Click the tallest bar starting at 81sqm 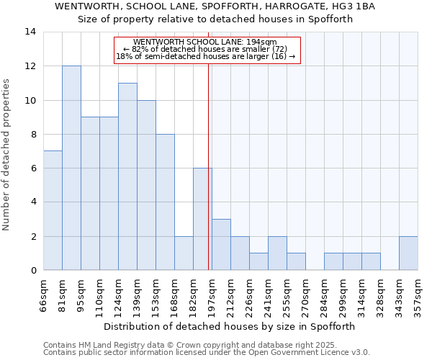click(x=71, y=168)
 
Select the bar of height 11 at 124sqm click(x=127, y=176)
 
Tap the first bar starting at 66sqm click(x=53, y=210)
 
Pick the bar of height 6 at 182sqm click(x=202, y=219)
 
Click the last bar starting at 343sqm click(x=408, y=253)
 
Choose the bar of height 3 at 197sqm click(x=221, y=245)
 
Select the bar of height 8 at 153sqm click(x=165, y=202)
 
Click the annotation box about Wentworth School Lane click(x=206, y=50)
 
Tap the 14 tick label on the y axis click(x=31, y=32)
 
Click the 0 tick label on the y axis click(x=33, y=270)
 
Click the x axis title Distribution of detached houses click(x=229, y=326)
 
